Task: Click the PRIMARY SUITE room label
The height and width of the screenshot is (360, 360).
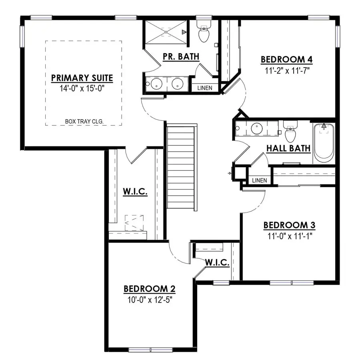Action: [82, 78]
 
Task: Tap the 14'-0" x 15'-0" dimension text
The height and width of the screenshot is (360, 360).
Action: [82, 89]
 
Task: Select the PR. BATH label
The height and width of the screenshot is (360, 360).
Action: [181, 57]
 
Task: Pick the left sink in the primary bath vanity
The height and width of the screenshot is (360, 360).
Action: [156, 84]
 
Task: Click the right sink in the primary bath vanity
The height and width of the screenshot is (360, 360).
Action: [176, 84]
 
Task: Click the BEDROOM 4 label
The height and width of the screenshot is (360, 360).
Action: [286, 60]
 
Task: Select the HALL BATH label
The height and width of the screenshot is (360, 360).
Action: [288, 149]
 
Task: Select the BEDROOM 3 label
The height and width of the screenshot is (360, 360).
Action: [289, 225]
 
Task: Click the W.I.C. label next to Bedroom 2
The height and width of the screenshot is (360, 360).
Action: [217, 263]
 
